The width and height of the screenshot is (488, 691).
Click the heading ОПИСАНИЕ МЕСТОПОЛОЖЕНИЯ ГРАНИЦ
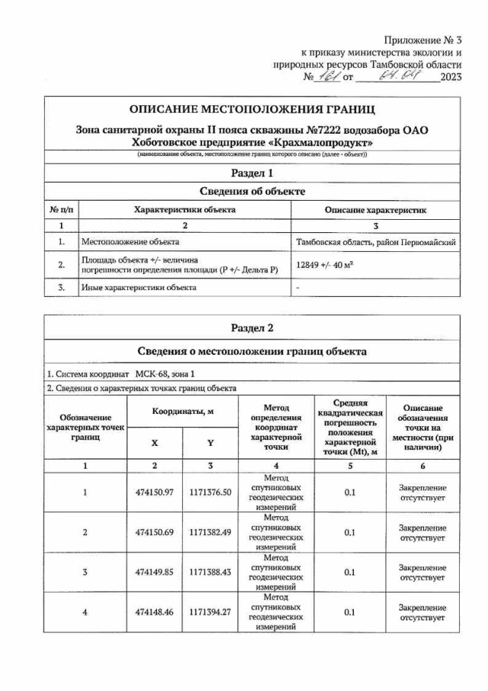pyautogui.click(x=251, y=110)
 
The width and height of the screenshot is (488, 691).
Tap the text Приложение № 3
pyautogui.click(x=423, y=39)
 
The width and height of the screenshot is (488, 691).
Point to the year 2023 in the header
pyautogui.click(x=451, y=77)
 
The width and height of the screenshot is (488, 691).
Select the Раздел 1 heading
pyautogui.click(x=251, y=174)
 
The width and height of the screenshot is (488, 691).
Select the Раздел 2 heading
pyautogui.click(x=251, y=328)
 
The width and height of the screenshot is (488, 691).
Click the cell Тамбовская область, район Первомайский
pyautogui.click(x=376, y=242)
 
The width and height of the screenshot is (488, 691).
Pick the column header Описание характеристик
pyautogui.click(x=376, y=209)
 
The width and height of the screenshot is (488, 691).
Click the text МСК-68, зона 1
pyautogui.click(x=165, y=374)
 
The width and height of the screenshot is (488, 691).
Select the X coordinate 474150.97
pyautogui.click(x=155, y=492)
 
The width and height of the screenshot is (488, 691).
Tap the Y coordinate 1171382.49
pyautogui.click(x=210, y=531)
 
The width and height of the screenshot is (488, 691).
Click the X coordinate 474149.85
pyautogui.click(x=155, y=572)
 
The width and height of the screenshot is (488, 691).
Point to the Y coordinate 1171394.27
pyautogui.click(x=210, y=612)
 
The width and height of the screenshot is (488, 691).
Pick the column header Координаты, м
pyautogui.click(x=182, y=412)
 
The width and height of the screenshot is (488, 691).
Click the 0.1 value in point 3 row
pyautogui.click(x=349, y=572)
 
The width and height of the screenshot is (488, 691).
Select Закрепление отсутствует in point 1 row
pyautogui.click(x=422, y=492)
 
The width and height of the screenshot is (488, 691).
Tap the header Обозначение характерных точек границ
pyautogui.click(x=85, y=428)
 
